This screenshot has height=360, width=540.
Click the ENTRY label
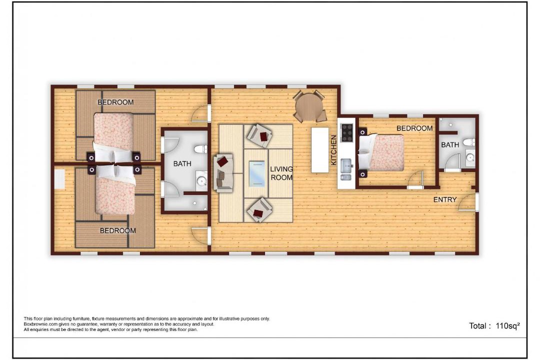(445, 199)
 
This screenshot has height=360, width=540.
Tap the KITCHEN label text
(333, 150)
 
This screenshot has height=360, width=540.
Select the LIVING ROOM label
(281, 173)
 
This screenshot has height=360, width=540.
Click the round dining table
(309, 106)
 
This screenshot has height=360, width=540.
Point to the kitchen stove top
(347, 132)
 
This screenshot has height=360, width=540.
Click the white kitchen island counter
(320, 150)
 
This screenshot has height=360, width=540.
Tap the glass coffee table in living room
(257, 173)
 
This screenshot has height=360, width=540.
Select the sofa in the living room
(223, 173)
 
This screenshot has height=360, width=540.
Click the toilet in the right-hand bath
(468, 142)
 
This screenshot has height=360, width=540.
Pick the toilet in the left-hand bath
(200, 149)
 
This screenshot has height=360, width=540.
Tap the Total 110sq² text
(494, 326)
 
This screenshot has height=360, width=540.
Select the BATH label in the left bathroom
(182, 163)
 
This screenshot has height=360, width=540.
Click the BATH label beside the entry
(450, 145)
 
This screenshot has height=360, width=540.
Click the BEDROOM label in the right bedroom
(414, 128)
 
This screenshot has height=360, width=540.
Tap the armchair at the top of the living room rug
(259, 135)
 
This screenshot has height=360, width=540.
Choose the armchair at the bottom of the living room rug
(259, 210)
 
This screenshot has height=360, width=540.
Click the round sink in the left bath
(201, 180)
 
